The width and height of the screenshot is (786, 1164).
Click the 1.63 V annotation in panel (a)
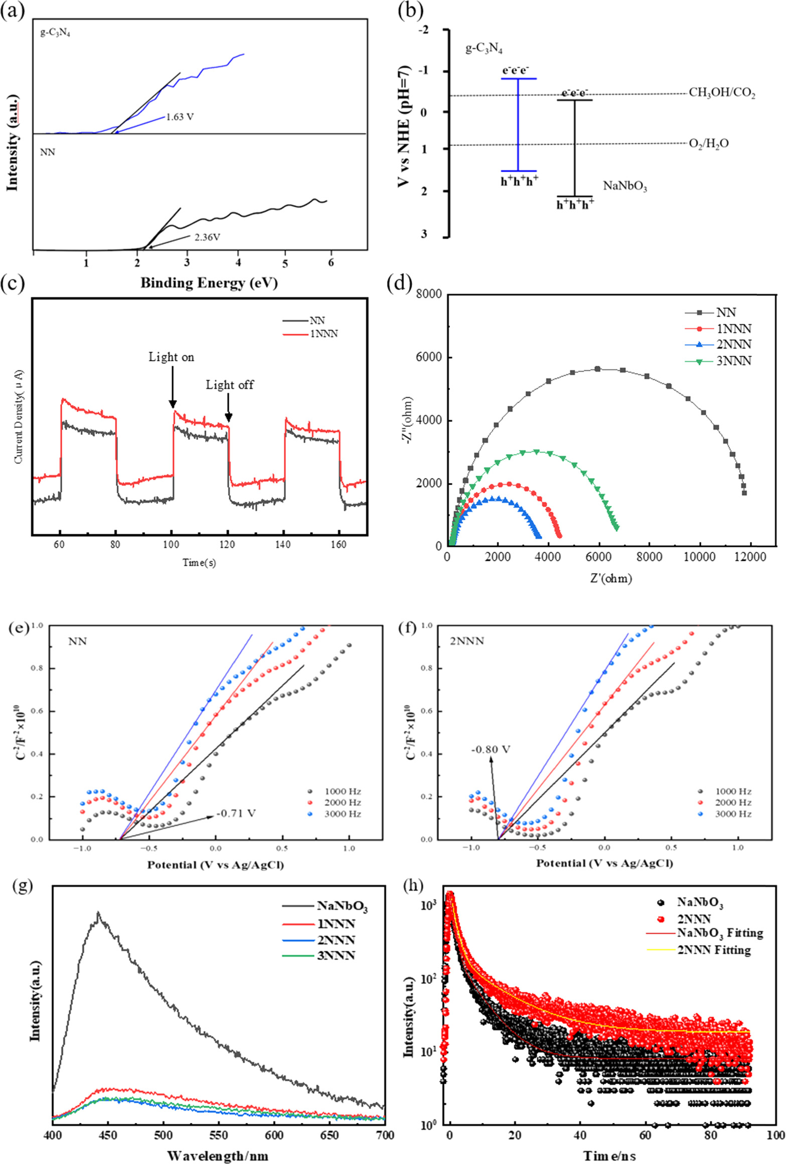pyautogui.click(x=180, y=117)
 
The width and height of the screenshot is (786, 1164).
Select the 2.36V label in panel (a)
pyautogui.click(x=207, y=237)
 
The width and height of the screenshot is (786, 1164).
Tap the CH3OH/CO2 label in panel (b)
pyautogui.click(x=722, y=93)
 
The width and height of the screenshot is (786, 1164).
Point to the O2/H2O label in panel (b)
pyautogui.click(x=708, y=144)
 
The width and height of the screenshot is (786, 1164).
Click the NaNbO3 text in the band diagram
pyautogui.click(x=624, y=186)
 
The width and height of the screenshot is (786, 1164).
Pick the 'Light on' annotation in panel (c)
pyautogui.click(x=171, y=357)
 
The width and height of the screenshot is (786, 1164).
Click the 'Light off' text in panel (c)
pyautogui.click(x=230, y=385)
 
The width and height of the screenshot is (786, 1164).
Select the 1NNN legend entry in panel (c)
pyautogui.click(x=324, y=334)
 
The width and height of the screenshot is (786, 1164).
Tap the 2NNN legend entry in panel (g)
pyautogui.click(x=336, y=940)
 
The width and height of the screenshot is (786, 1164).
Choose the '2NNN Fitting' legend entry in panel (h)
pyautogui.click(x=714, y=950)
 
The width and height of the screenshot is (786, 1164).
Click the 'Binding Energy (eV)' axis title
pyautogui.click(x=209, y=283)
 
